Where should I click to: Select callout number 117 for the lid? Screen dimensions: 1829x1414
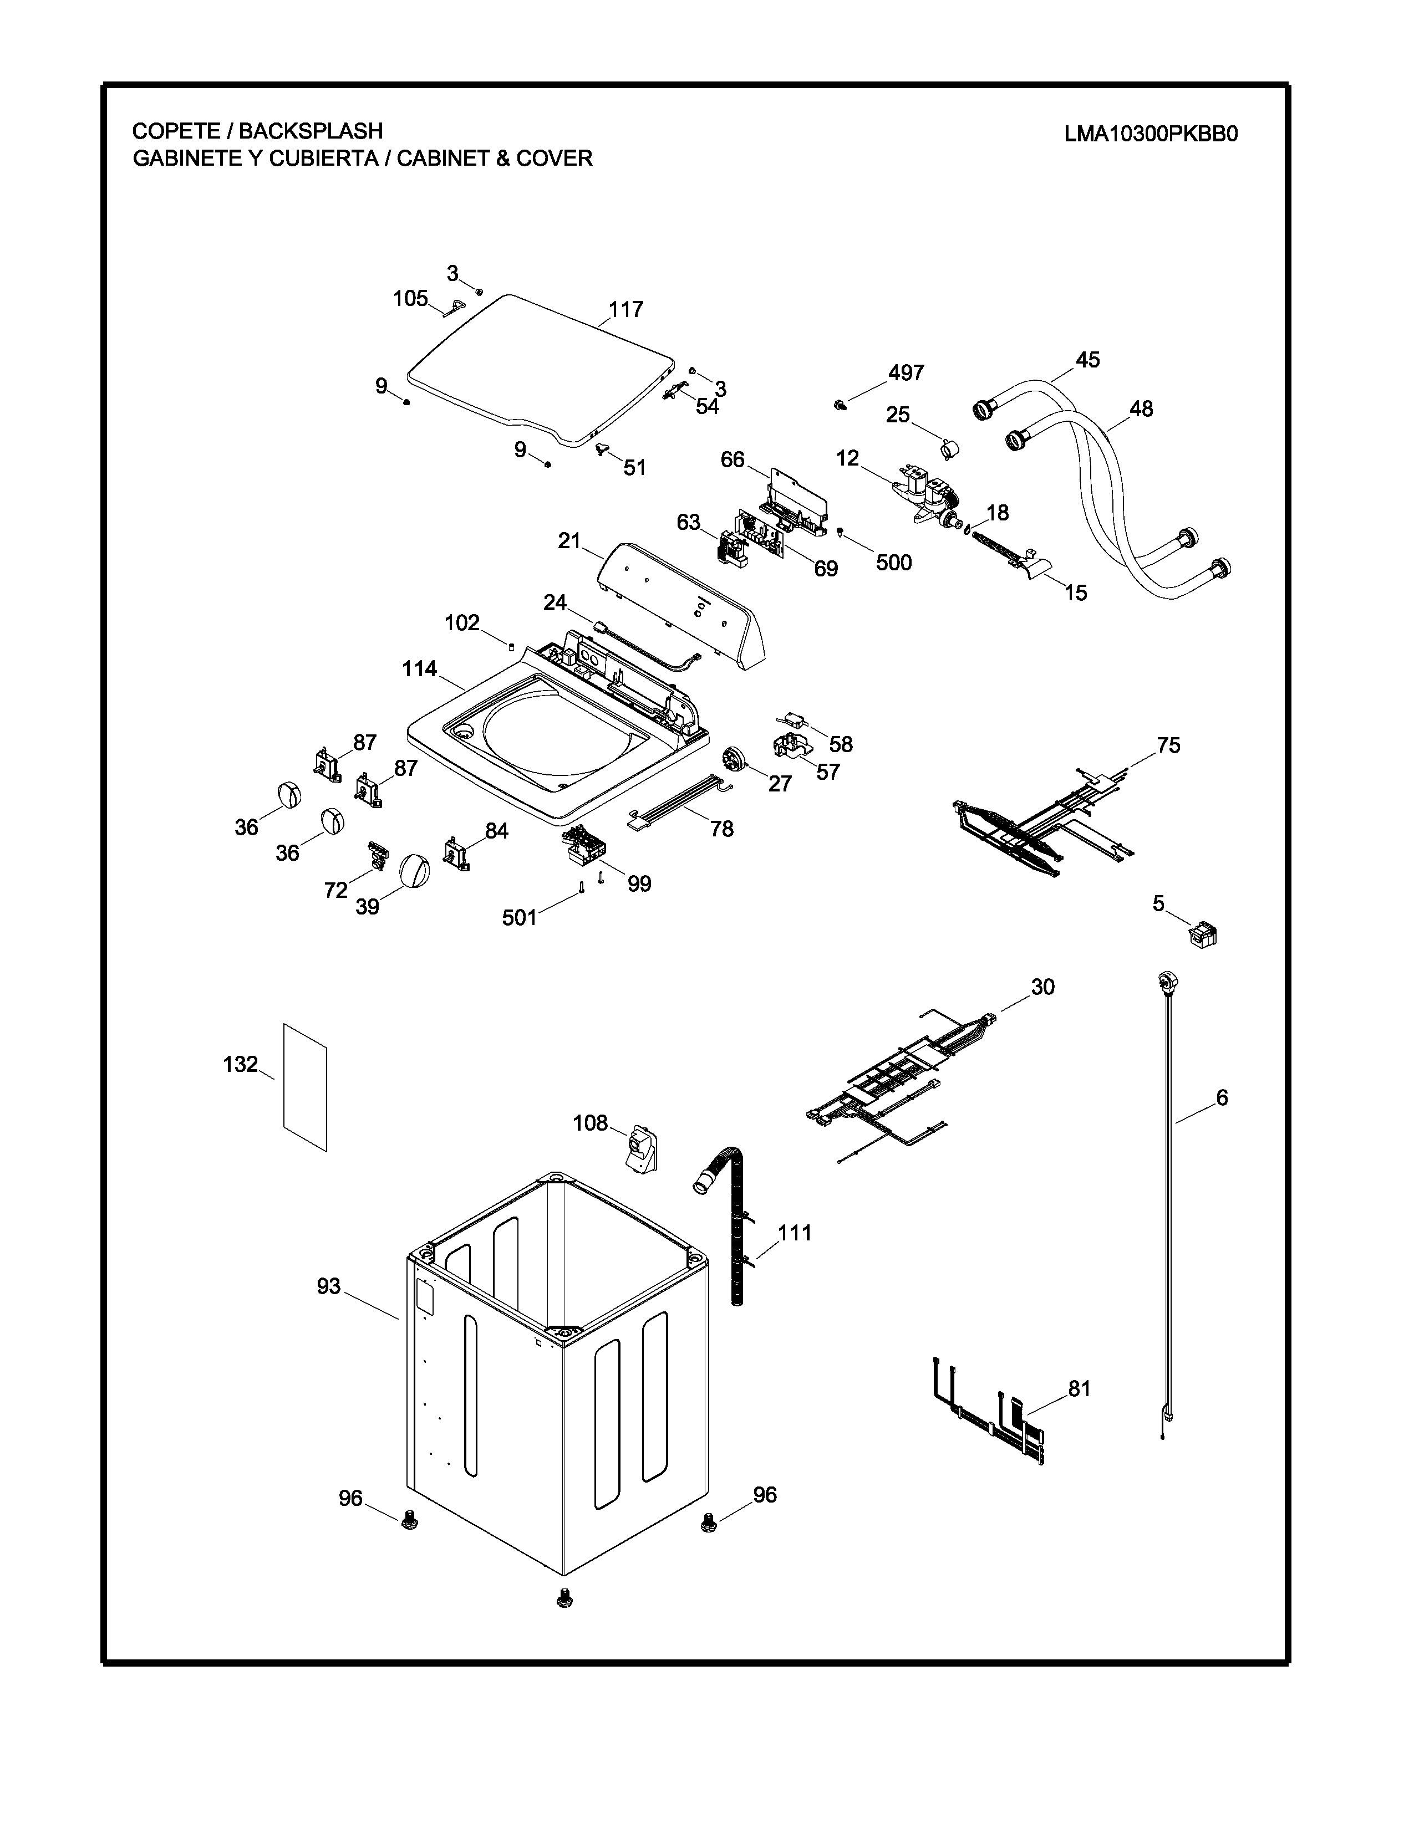625,310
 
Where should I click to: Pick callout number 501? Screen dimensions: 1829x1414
520,918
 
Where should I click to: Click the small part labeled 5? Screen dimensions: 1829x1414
1203,932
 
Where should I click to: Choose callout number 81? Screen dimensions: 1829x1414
1080,1388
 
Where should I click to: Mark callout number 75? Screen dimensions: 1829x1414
1168,745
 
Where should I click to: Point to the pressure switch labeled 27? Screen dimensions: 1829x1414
735,760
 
